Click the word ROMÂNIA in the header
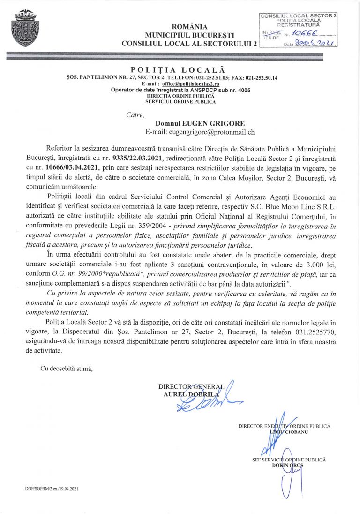190,27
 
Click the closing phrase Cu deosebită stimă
67,369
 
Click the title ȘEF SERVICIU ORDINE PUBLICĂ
289,460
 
